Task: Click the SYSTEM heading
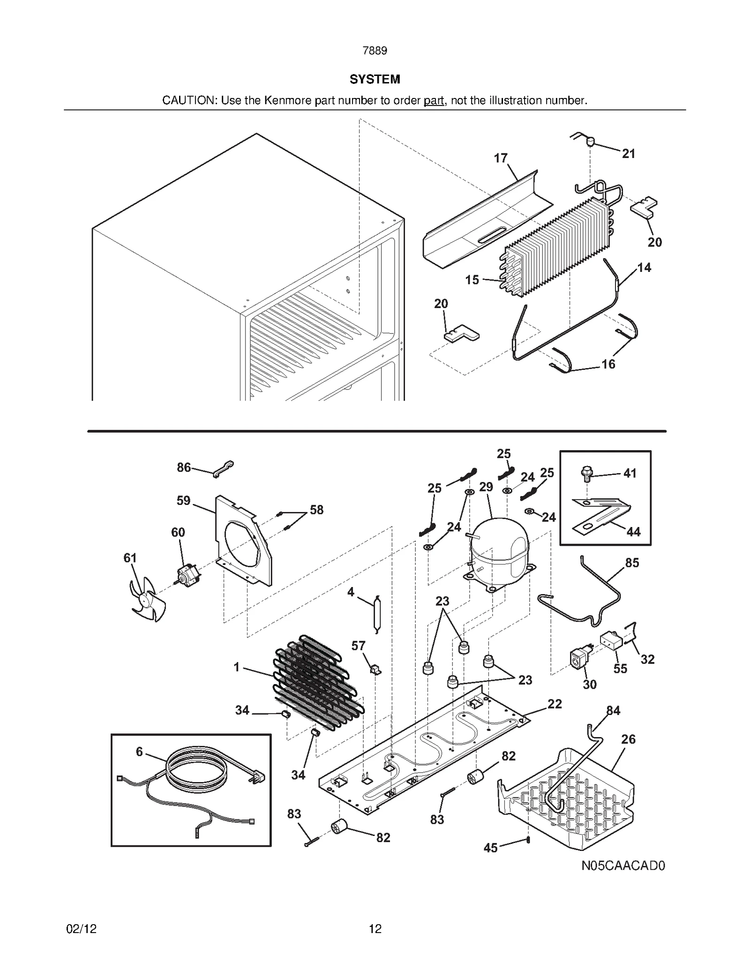pos(375,79)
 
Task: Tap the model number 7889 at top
pos(375,51)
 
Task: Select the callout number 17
pos(501,158)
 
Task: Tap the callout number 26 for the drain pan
pos(628,739)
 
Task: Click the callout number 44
pos(633,532)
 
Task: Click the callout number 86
pos(184,467)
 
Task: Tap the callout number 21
pos(629,153)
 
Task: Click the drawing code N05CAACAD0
pos(623,866)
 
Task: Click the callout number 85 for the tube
pos(632,563)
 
